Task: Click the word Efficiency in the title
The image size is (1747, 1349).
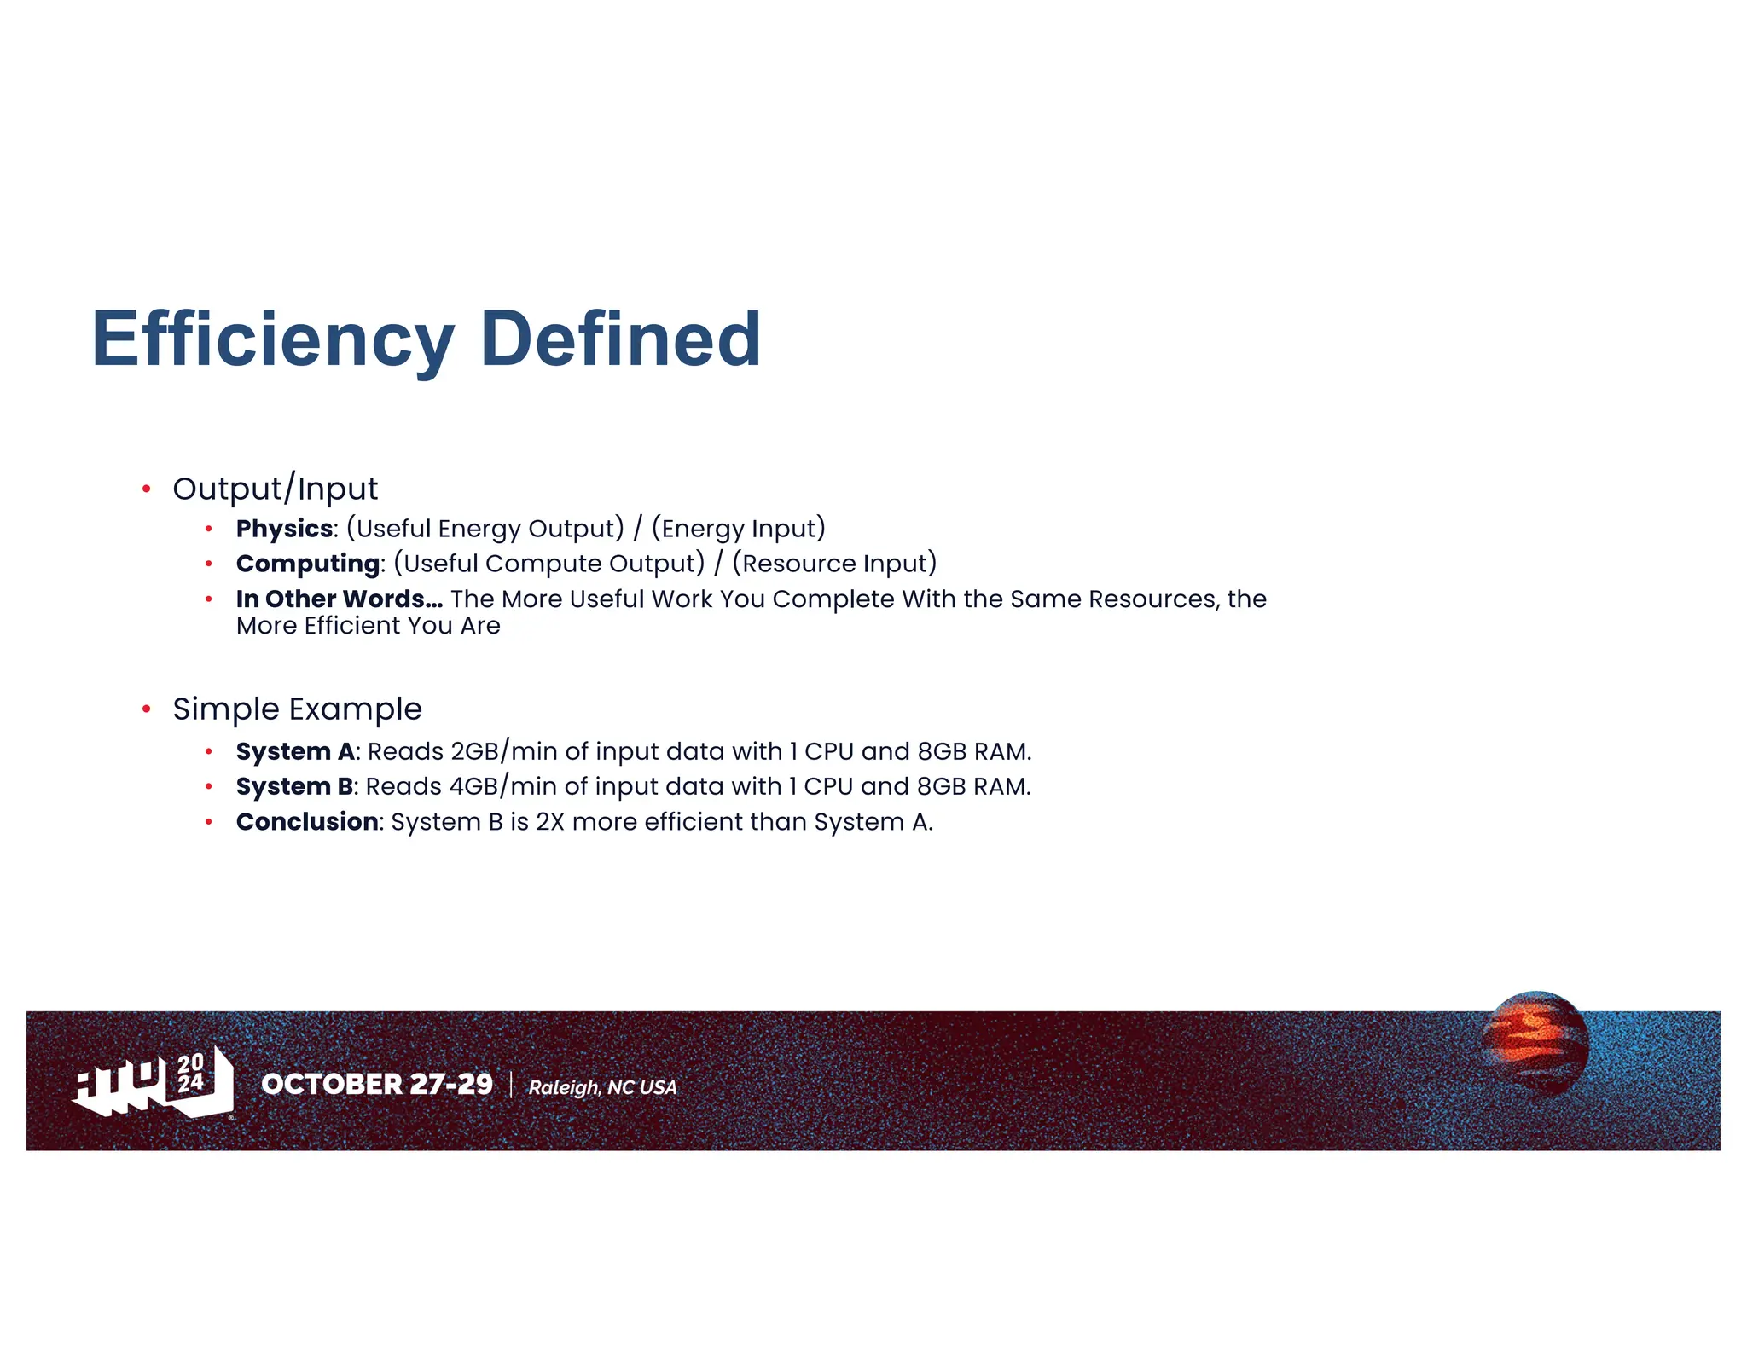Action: (x=273, y=339)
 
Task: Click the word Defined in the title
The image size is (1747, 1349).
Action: (x=620, y=339)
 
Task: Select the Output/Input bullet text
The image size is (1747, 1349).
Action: (x=275, y=489)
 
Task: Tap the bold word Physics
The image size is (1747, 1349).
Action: (x=284, y=529)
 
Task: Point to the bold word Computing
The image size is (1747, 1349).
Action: (x=308, y=564)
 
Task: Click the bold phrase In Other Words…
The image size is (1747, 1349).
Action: (x=339, y=599)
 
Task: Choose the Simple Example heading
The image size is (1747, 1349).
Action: (x=297, y=709)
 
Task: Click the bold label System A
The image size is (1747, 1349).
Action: (x=295, y=751)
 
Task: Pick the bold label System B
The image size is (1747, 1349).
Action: (x=294, y=786)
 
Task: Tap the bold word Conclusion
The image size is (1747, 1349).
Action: (x=307, y=822)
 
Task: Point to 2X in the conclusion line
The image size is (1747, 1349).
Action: (x=549, y=822)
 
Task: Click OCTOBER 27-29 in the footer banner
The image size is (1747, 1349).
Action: (x=377, y=1084)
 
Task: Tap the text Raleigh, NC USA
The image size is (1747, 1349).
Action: (x=602, y=1087)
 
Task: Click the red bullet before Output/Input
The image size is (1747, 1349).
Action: (x=147, y=489)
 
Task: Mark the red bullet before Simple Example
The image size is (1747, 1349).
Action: (x=147, y=709)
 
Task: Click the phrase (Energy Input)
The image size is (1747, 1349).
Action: (x=738, y=529)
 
